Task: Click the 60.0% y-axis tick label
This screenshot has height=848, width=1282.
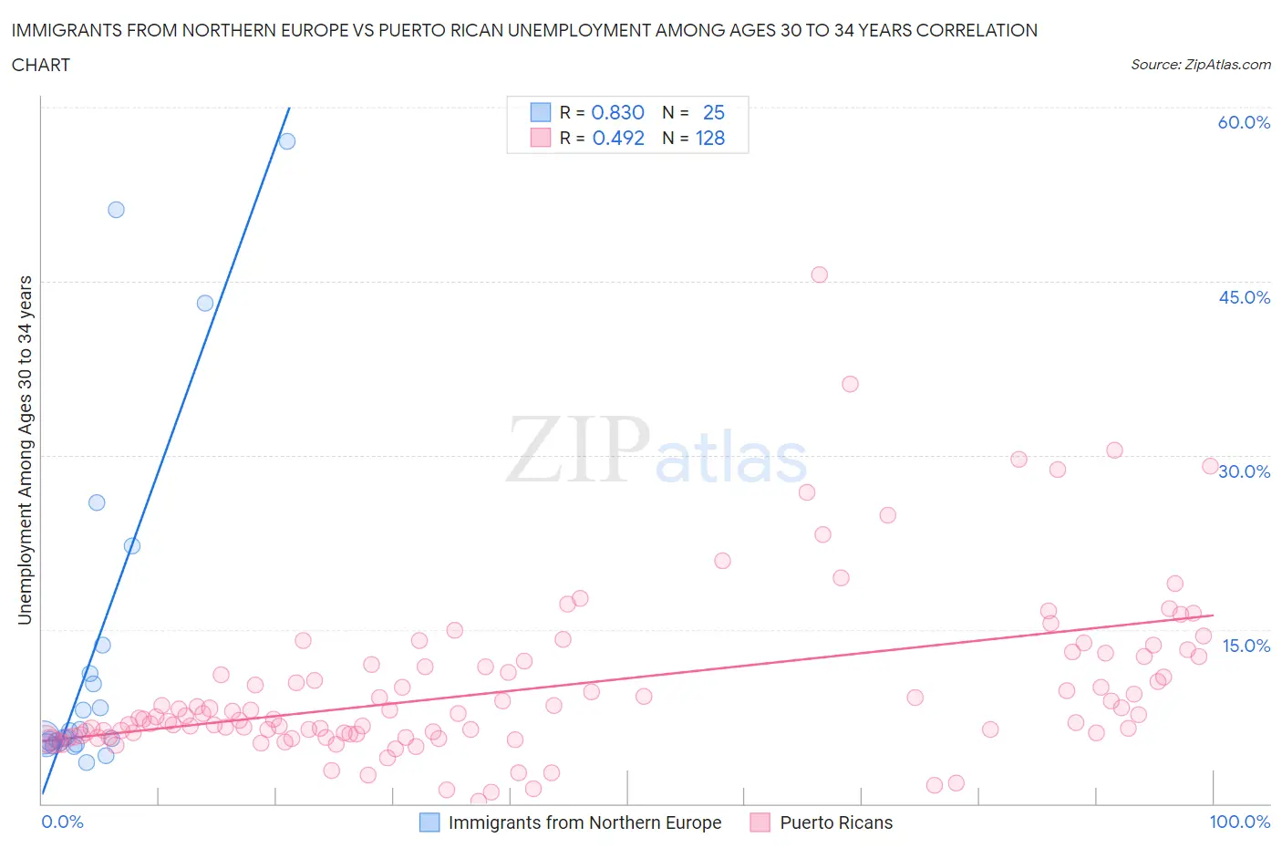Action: pos(1244,122)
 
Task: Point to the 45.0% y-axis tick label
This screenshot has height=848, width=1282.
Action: pos(1244,297)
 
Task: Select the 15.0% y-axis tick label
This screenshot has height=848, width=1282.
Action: pos(1246,646)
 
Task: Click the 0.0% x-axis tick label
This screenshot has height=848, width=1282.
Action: pos(62,822)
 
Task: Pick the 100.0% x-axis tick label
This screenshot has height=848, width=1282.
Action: pos(1239,822)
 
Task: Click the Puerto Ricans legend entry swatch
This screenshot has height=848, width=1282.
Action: pos(760,822)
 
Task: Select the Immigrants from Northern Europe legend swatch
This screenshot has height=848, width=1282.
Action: pos(429,822)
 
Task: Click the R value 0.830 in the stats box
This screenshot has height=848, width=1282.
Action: pos(617,112)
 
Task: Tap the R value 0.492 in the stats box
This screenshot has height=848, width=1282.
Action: pos(617,138)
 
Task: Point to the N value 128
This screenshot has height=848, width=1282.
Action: pos(710,138)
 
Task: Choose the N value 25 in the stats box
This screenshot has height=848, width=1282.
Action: pos(713,112)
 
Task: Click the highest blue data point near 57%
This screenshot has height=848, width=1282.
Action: pos(286,140)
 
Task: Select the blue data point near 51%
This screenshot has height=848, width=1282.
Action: pos(116,210)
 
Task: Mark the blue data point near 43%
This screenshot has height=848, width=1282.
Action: pos(205,303)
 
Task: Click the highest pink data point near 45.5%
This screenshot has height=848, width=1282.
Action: pos(819,274)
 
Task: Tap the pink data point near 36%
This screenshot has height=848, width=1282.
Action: pos(850,384)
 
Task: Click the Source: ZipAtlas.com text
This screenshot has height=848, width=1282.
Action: pos(1200,64)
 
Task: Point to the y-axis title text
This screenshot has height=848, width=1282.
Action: pos(25,450)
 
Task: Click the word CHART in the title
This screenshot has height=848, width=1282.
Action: pos(41,65)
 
